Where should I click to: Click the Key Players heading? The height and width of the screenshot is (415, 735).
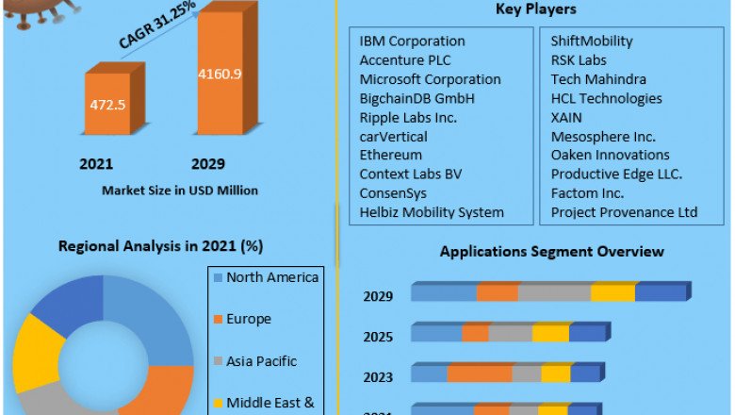click(x=536, y=9)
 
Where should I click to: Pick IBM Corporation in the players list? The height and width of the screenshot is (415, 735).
click(x=412, y=41)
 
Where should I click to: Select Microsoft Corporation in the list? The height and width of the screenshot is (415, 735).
click(x=430, y=79)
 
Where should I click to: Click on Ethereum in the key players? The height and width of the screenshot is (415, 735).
click(x=390, y=155)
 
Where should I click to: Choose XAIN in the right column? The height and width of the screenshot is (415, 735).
click(x=566, y=117)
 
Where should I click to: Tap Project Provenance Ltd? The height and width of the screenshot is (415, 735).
click(x=624, y=212)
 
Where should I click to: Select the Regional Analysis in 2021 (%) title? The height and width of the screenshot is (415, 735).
click(x=160, y=246)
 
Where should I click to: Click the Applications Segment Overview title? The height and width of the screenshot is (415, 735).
click(x=551, y=252)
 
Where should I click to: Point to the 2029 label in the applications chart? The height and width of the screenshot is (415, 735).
click(x=378, y=296)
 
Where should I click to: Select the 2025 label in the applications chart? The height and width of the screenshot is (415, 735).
click(x=378, y=337)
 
